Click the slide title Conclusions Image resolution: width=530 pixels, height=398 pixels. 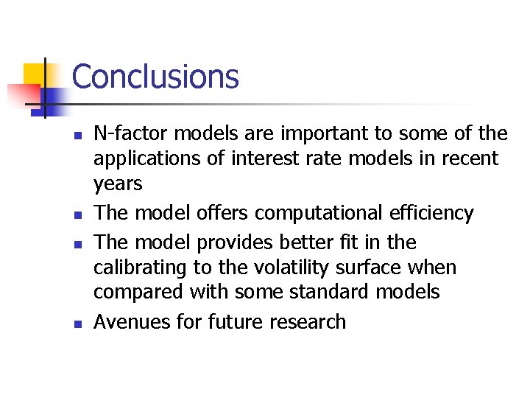(x=155, y=77)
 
